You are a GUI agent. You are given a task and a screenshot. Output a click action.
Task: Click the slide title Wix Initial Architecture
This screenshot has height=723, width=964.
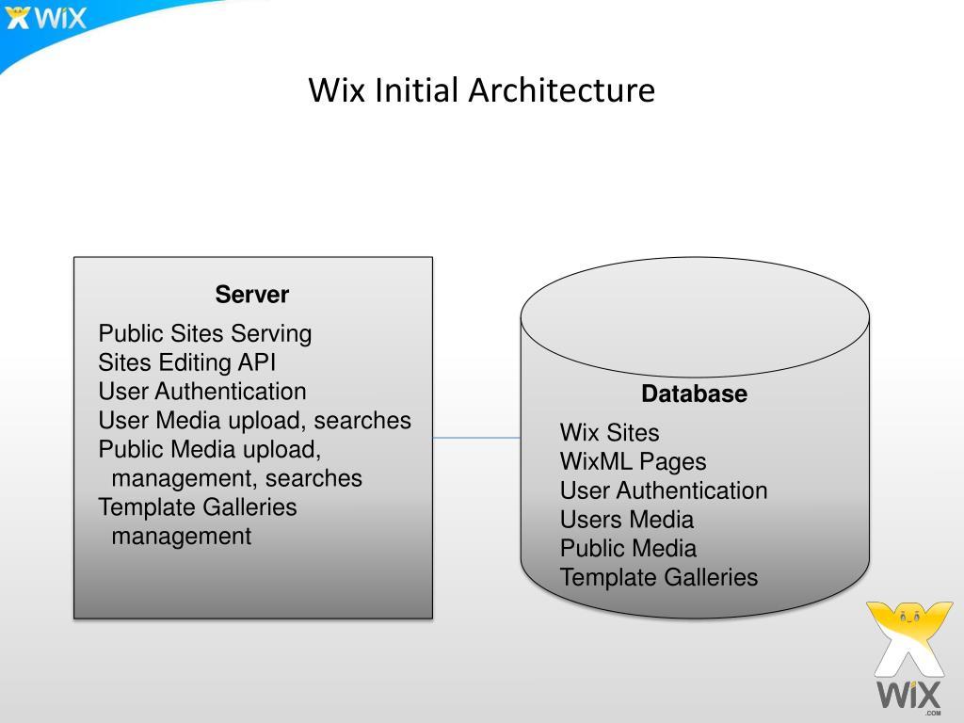click(x=481, y=91)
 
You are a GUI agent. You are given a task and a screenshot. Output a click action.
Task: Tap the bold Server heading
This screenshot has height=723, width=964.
click(x=252, y=295)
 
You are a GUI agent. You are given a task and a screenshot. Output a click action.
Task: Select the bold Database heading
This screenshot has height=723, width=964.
click(x=695, y=394)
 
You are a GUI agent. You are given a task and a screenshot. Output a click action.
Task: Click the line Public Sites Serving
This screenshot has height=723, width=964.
click(x=205, y=333)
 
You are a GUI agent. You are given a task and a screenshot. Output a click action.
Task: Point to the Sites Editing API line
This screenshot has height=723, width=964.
click(x=187, y=362)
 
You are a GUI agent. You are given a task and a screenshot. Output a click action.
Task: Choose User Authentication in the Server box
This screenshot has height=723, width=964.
click(x=202, y=392)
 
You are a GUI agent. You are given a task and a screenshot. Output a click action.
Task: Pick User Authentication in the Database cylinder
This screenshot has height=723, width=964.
click(x=664, y=490)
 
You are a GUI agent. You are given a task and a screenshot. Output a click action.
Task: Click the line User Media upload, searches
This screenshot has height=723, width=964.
click(x=254, y=421)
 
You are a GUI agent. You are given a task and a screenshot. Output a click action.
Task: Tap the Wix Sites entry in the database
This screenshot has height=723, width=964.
click(x=610, y=433)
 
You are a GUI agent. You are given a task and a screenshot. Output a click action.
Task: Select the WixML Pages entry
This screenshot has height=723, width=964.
click(x=633, y=462)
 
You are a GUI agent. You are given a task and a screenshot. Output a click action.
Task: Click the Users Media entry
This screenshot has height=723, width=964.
click(x=627, y=520)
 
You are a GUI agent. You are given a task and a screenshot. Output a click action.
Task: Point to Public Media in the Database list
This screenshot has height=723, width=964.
click(x=628, y=549)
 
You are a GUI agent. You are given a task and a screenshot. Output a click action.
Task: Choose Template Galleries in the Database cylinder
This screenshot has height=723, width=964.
click(x=659, y=578)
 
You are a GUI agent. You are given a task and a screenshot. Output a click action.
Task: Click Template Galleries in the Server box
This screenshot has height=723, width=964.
click(x=198, y=507)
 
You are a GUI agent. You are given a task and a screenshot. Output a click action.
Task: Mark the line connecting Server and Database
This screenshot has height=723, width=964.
click(x=476, y=438)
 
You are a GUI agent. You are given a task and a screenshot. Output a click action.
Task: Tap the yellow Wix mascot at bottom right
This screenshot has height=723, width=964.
click(x=903, y=640)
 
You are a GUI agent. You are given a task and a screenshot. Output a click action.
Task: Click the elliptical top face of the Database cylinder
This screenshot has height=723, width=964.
click(x=695, y=315)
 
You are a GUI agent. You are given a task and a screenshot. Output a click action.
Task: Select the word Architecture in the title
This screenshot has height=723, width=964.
click(x=562, y=91)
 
